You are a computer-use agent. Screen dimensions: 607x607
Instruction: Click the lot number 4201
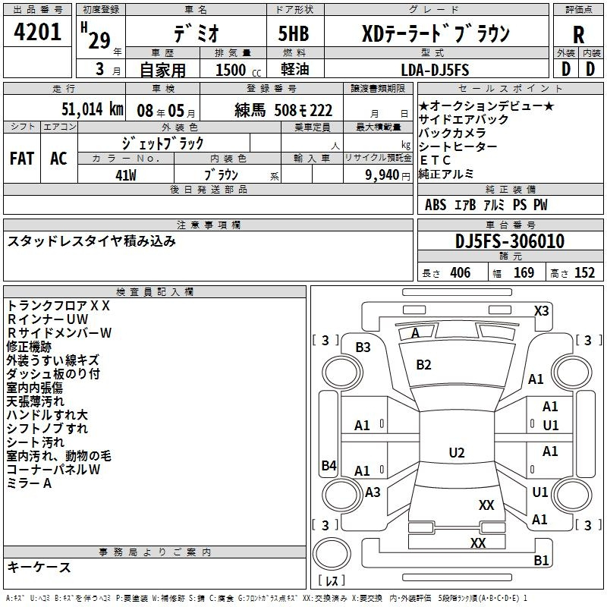pos(37,32)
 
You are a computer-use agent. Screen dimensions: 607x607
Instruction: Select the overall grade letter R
pos(578,35)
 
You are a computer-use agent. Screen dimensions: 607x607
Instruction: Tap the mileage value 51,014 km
pos(93,109)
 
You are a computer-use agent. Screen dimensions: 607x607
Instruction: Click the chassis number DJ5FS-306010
pos(510,241)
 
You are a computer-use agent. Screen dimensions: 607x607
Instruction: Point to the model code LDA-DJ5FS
pos(435,70)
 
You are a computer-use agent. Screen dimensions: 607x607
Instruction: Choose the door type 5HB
pos(294,33)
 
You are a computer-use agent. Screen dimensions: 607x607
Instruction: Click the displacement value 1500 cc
pos(238,70)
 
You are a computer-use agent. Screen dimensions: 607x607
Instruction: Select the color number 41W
pos(126,175)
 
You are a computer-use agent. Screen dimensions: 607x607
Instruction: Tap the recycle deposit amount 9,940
pos(382,175)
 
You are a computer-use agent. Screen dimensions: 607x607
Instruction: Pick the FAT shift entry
pos(22,159)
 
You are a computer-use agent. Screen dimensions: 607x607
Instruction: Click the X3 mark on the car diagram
pos(541,311)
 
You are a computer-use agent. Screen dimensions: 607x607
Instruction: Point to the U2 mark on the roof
pos(457,452)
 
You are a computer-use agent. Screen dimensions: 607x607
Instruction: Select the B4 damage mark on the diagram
pos(329,465)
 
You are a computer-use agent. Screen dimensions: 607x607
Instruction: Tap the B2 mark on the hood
pos(423,365)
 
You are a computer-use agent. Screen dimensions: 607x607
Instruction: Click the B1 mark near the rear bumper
pos(541,560)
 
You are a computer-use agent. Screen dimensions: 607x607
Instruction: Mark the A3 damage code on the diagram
pos(373,492)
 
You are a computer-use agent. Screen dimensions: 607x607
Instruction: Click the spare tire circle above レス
pos(332,554)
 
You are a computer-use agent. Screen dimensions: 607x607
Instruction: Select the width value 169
pos(524,272)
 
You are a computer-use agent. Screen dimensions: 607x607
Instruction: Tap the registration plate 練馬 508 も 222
pos(283,110)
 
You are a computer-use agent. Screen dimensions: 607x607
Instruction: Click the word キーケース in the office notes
pos(39,567)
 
